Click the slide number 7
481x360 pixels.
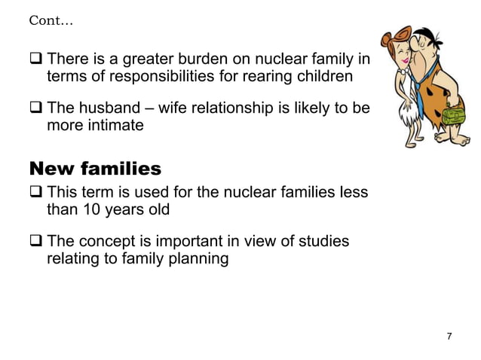point(449,335)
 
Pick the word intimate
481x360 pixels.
point(114,125)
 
